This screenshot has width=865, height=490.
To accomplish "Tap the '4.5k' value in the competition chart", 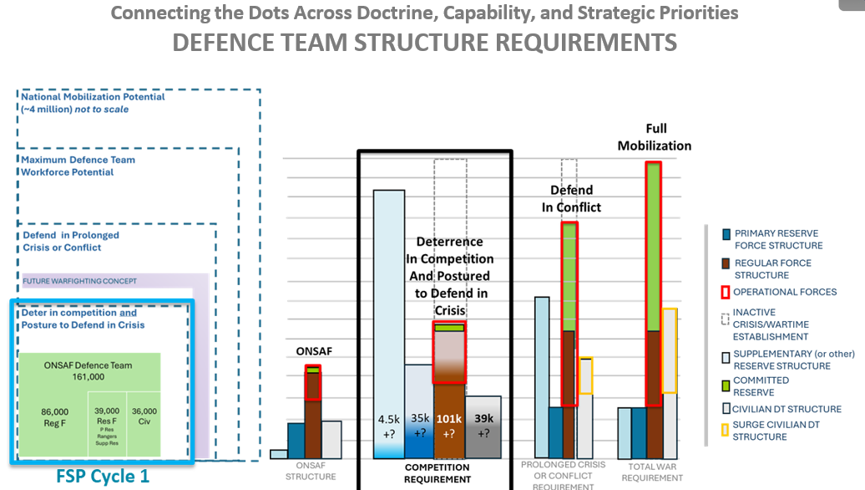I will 388,419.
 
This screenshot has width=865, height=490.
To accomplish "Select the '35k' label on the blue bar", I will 419,419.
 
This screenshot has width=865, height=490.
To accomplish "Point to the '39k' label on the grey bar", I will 483,419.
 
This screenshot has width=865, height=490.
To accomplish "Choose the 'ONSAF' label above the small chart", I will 314,351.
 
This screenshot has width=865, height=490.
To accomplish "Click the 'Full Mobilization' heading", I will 655,137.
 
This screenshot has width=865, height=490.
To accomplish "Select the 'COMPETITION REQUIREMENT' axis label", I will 438,473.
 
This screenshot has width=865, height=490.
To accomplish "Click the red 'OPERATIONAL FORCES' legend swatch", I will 726,293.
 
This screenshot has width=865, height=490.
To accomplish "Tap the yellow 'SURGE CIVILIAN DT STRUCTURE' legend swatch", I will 726,430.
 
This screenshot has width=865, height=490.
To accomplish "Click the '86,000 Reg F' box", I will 55,416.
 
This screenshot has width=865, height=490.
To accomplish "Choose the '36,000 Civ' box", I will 144,416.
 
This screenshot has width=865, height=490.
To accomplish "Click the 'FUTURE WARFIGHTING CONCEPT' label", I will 80,281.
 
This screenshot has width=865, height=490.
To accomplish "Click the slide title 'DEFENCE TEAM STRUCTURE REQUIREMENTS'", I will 424,42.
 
